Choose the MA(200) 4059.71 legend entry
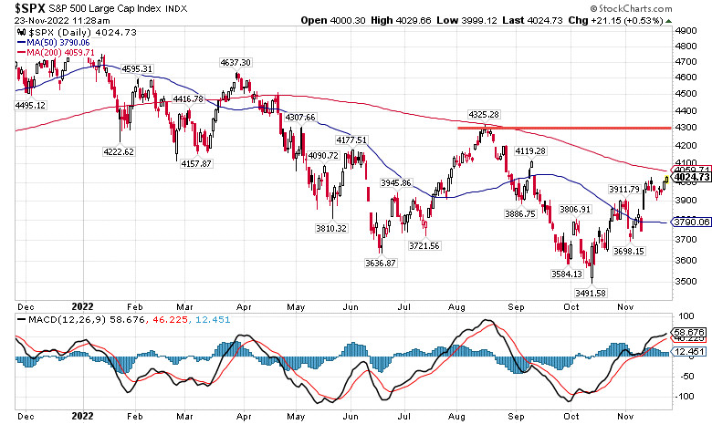(60, 52)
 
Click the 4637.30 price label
(236, 62)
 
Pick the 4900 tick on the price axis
(686, 30)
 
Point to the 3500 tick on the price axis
(686, 281)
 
